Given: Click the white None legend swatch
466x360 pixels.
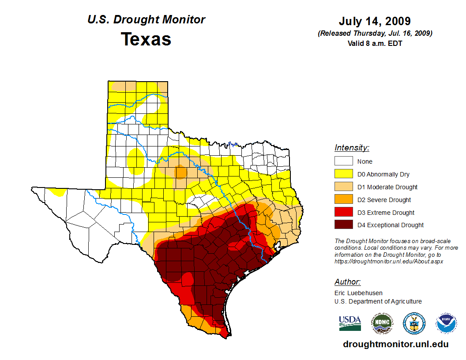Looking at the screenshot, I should click(343, 161).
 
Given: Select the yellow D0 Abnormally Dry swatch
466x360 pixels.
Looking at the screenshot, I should click(343, 174).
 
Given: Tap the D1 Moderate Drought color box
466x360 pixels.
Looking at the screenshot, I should click(343, 187).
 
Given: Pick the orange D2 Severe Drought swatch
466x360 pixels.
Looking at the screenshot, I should click(343, 200).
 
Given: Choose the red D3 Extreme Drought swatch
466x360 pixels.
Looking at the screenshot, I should click(343, 212).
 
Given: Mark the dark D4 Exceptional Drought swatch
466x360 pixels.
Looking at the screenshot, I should click(343, 225).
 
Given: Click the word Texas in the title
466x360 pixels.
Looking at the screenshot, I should click(146, 39).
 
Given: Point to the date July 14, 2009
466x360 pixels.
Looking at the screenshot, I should click(375, 21).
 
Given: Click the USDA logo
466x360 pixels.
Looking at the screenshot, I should click(350, 323).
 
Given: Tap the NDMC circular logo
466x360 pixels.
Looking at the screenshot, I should click(382, 323).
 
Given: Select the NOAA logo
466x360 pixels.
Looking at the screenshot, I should click(446, 323).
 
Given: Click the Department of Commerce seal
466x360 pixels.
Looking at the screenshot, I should click(414, 323).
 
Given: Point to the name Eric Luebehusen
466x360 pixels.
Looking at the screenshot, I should click(358, 293).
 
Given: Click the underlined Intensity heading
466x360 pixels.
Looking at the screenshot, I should click(352, 148).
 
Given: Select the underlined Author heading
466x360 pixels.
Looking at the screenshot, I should click(347, 282).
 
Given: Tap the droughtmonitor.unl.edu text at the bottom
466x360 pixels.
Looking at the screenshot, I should click(395, 345).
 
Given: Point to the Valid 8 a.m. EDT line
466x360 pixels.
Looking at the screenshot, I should click(375, 43).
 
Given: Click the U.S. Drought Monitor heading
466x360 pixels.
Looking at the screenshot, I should click(146, 19).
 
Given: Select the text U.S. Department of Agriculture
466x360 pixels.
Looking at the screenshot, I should click(378, 302).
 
